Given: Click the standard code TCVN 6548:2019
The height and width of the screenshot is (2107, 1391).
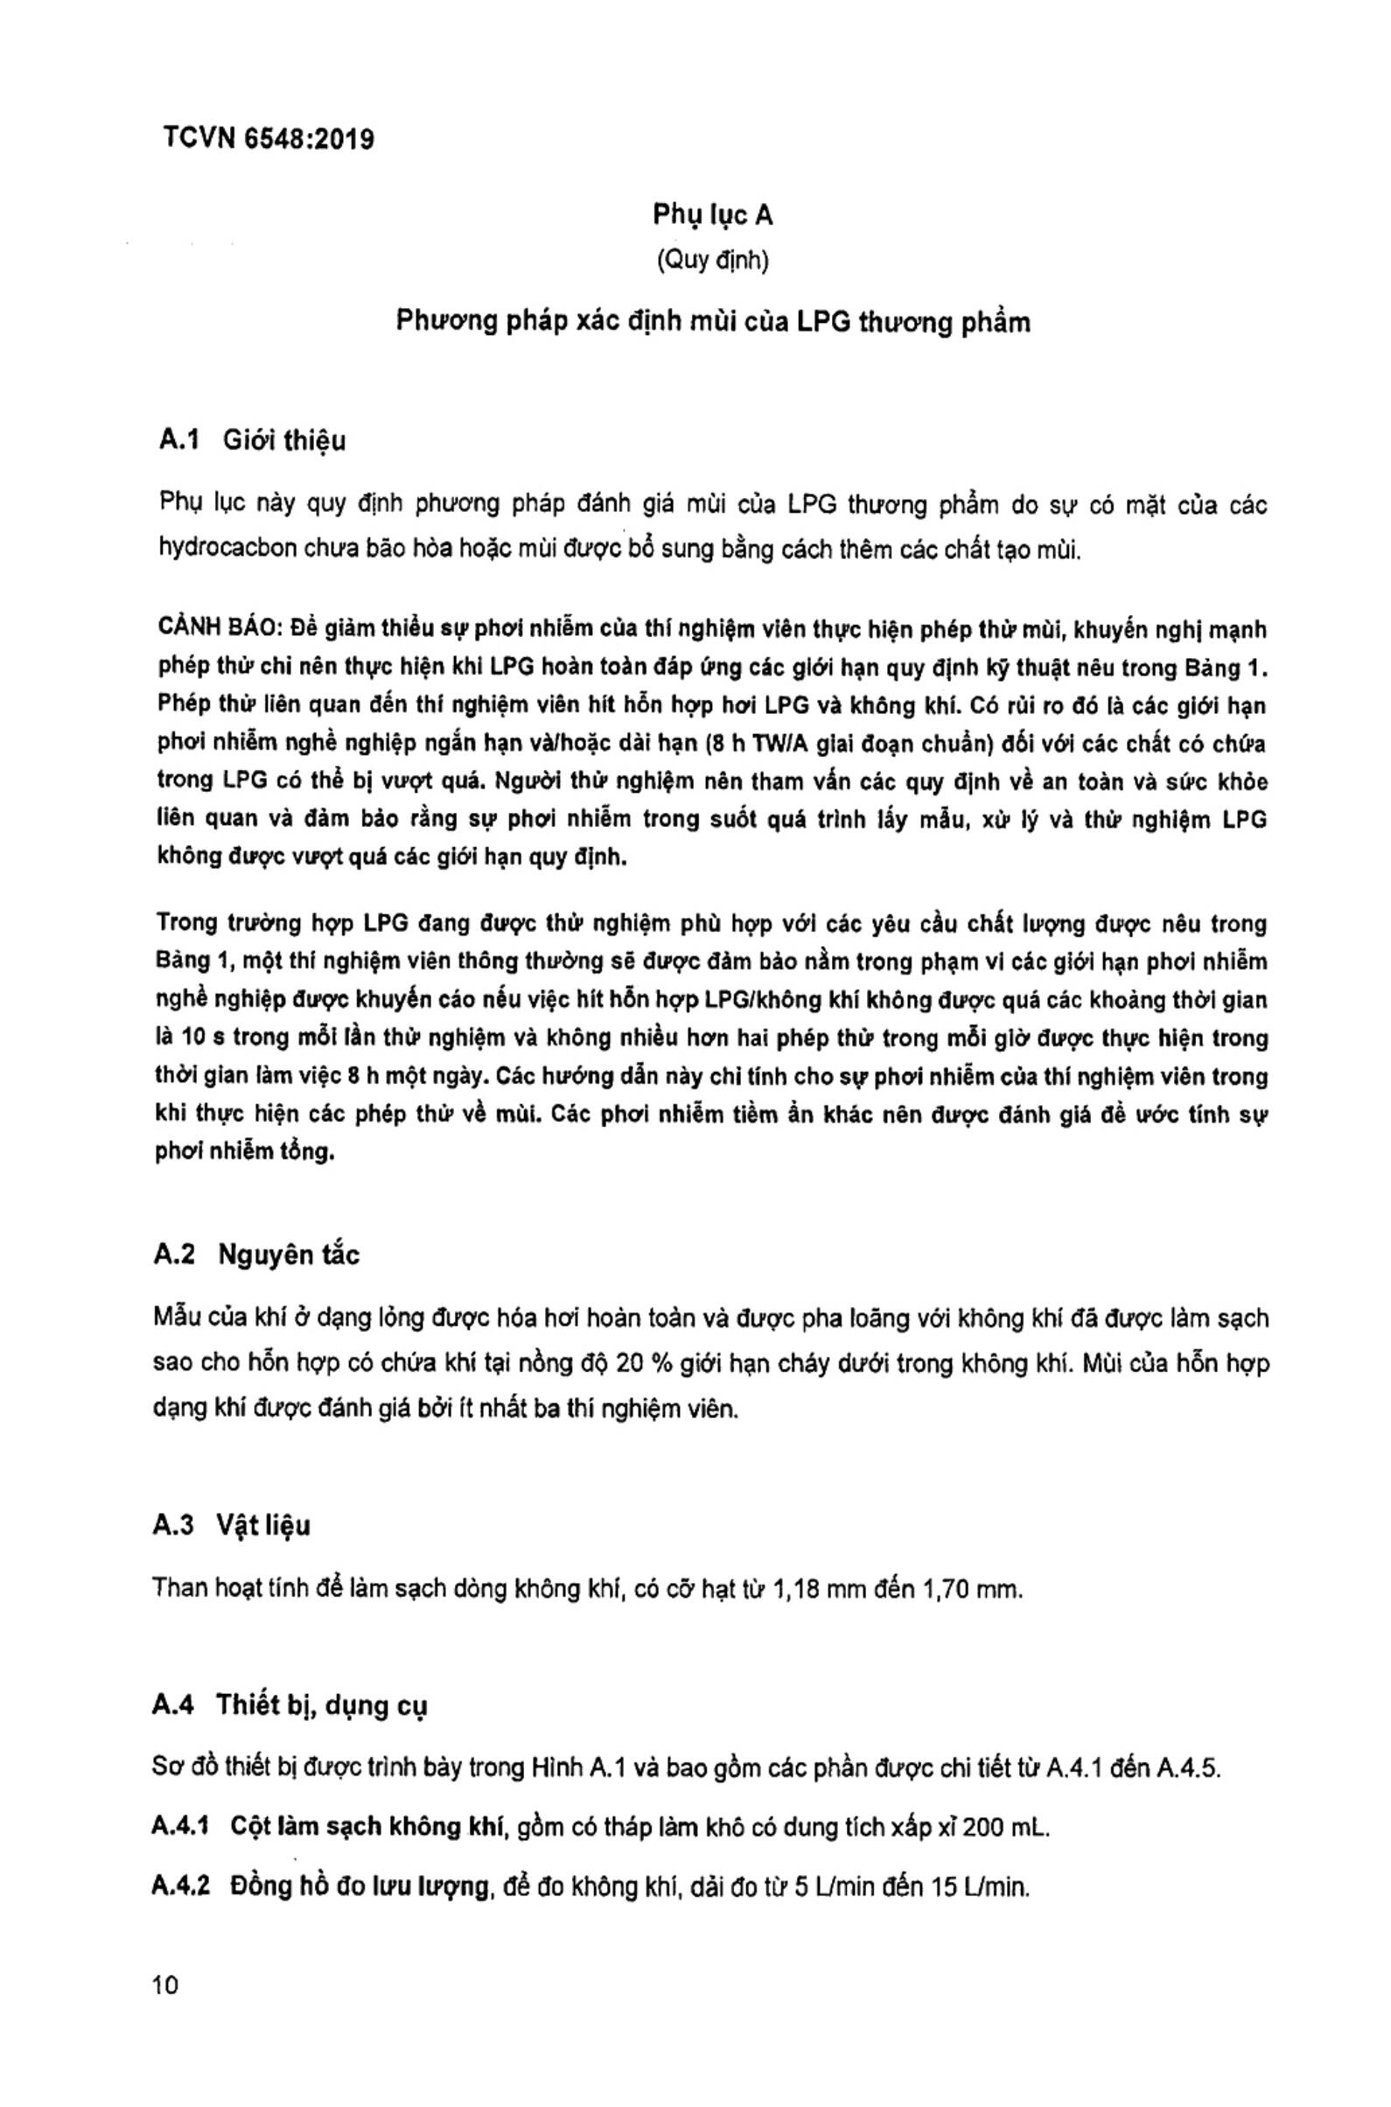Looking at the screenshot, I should [269, 139].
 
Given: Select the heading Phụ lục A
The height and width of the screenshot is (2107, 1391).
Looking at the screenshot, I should [712, 214].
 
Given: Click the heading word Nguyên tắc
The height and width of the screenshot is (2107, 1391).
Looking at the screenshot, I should [290, 1256].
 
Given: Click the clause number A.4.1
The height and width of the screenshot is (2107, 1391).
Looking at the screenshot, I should [180, 1827].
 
